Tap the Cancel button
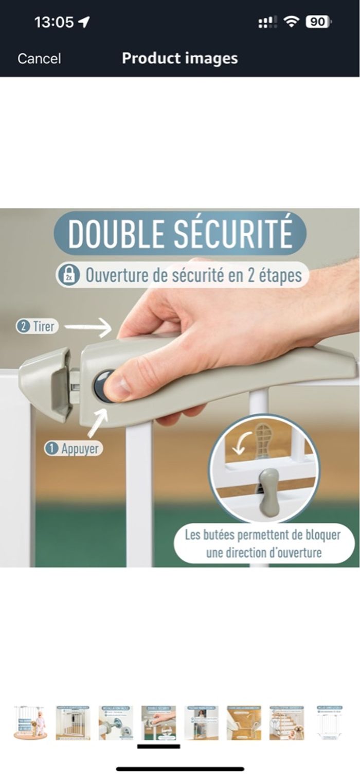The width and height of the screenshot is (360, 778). point(39,59)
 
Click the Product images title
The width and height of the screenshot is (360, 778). point(179,58)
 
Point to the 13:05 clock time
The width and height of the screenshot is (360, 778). point(54,22)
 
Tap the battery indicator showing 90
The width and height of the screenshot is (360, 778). point(318,22)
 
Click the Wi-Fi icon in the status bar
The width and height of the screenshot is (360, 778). point(291,22)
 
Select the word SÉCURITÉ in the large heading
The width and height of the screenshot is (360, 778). point(233,234)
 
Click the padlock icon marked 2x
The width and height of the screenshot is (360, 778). point(68,275)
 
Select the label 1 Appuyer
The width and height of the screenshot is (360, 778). point(73,449)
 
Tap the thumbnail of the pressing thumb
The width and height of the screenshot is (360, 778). point(158,722)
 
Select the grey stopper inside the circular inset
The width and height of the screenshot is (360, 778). point(268,492)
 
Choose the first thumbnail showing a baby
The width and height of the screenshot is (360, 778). point(30,722)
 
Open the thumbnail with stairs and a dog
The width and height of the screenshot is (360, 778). point(286,722)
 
